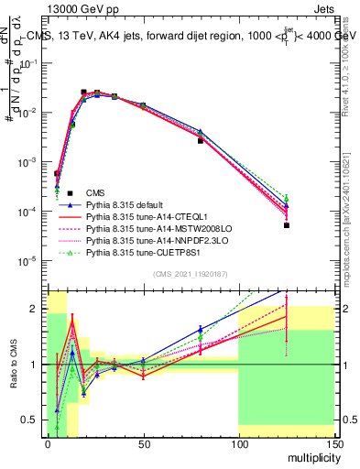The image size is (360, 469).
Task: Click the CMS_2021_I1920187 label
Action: (x=190, y=274)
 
